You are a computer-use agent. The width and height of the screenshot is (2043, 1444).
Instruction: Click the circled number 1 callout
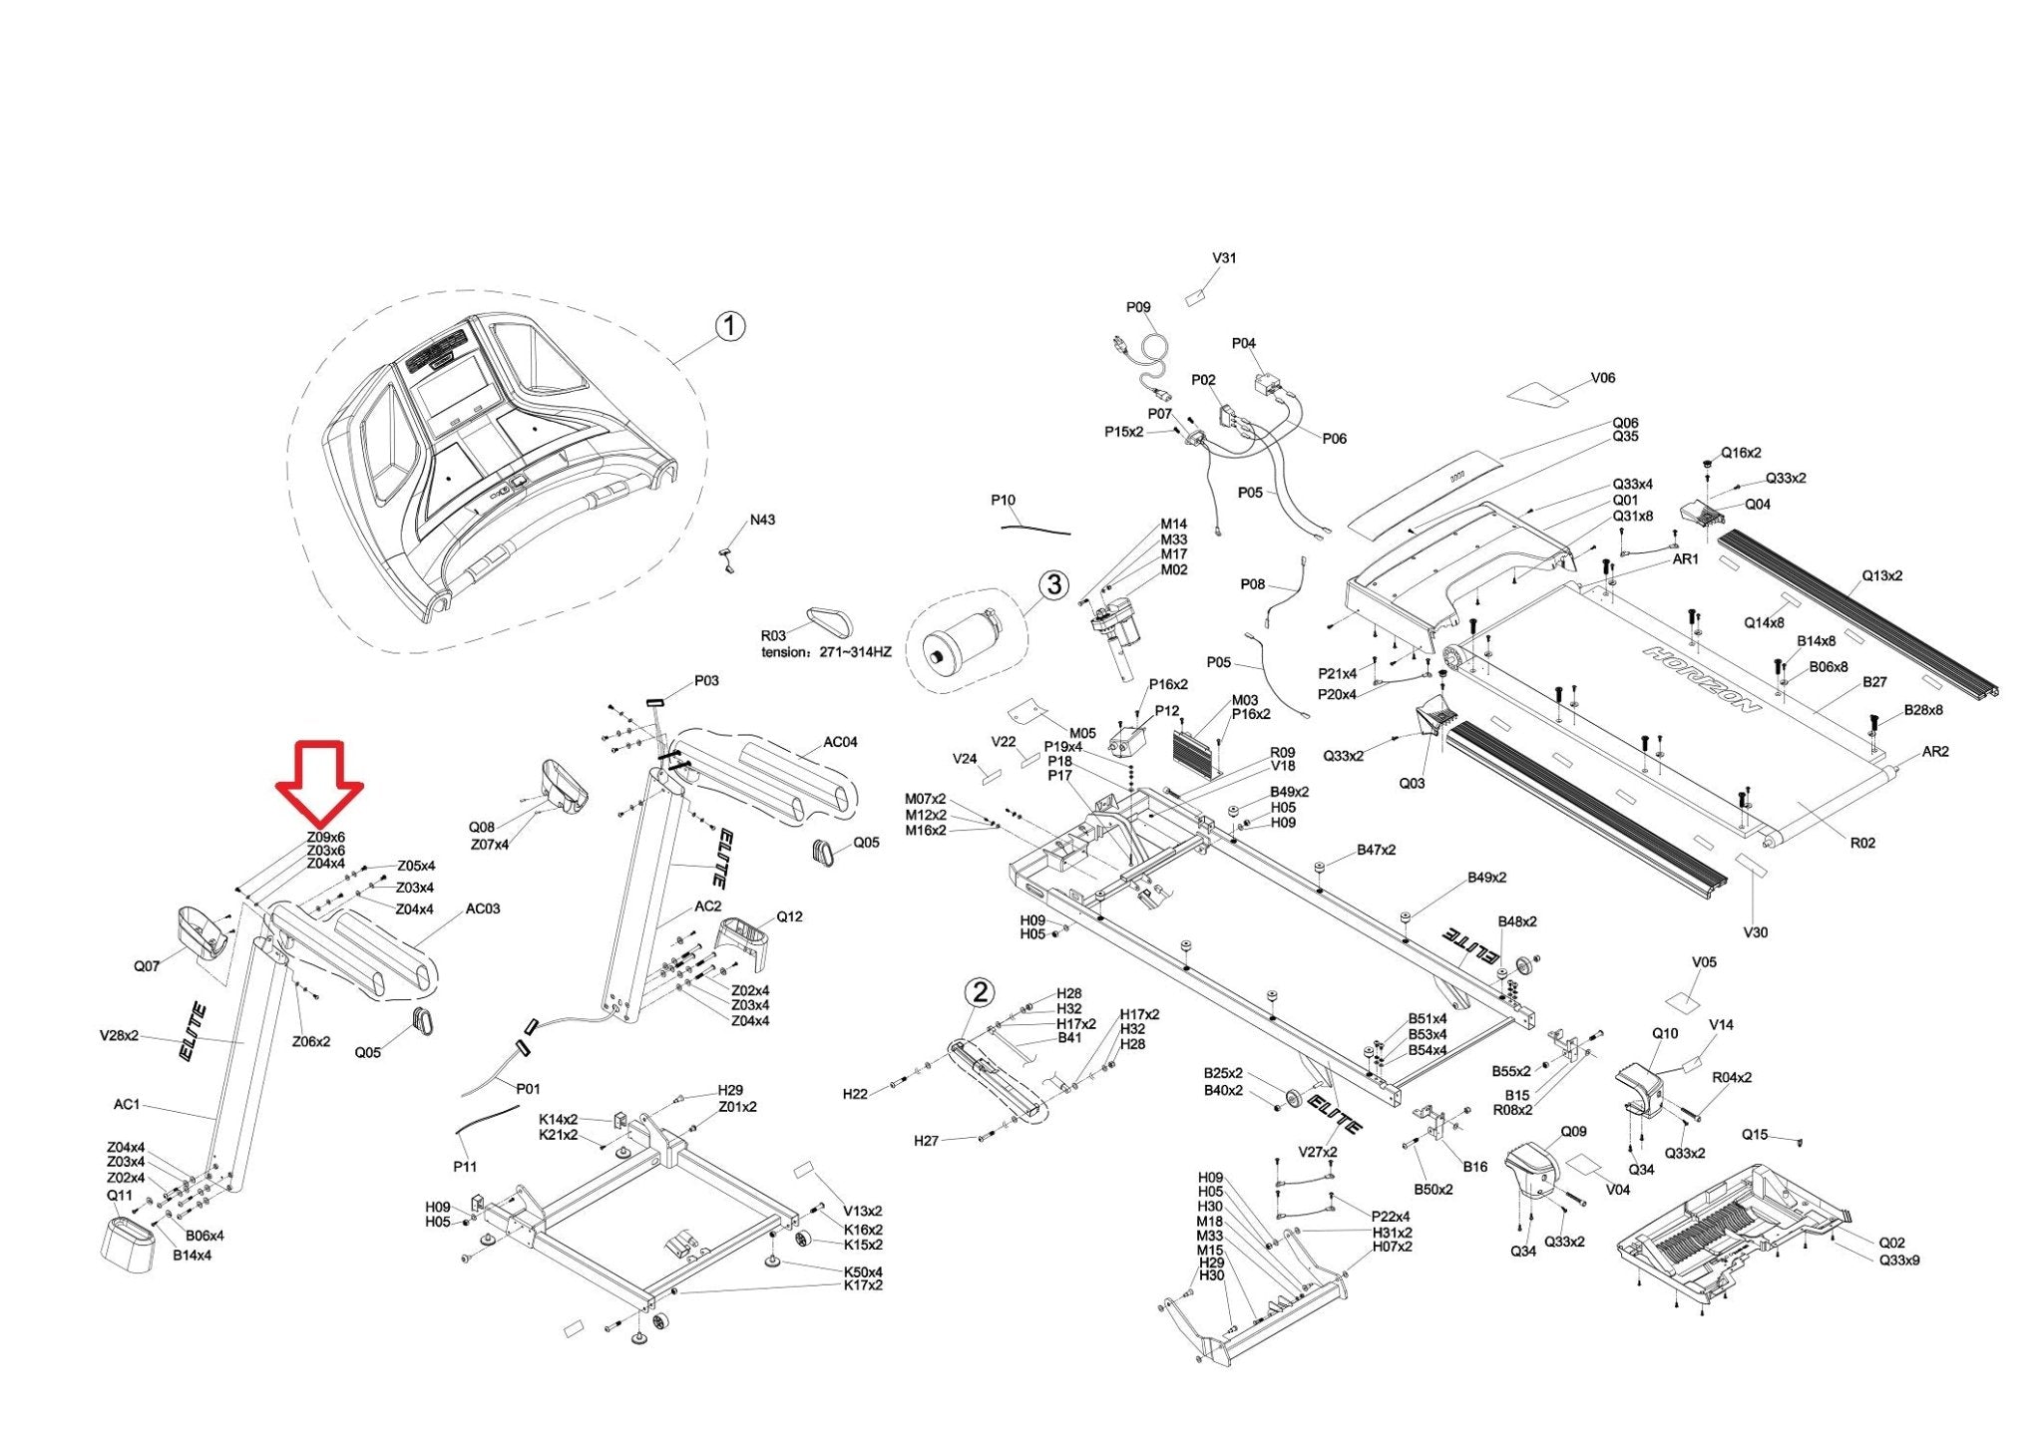730,326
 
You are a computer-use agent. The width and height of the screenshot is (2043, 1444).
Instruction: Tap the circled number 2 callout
982,991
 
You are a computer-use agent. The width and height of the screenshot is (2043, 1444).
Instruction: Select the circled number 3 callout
1053,584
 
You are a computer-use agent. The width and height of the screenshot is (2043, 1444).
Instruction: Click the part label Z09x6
325,837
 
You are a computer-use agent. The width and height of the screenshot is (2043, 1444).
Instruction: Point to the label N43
762,520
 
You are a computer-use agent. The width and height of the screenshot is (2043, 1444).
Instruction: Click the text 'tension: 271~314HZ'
826,652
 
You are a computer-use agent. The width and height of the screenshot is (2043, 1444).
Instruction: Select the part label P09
1138,307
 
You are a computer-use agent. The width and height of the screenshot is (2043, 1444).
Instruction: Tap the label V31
1224,257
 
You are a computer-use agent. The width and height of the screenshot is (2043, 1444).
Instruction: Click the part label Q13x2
1882,575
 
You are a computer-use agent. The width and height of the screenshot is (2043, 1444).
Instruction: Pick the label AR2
1934,751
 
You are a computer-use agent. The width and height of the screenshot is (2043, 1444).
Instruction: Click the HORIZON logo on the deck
1702,679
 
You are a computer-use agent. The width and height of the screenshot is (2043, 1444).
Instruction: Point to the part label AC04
840,742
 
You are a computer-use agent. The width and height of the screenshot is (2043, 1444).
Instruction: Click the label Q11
119,1195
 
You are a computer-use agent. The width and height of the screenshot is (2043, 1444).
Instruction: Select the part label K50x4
863,1271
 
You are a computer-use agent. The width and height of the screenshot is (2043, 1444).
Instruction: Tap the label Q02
1891,1243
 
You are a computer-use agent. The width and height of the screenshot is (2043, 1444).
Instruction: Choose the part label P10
1003,500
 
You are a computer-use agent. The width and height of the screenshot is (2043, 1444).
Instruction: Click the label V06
1602,378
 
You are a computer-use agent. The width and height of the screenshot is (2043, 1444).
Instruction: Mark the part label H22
855,1094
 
